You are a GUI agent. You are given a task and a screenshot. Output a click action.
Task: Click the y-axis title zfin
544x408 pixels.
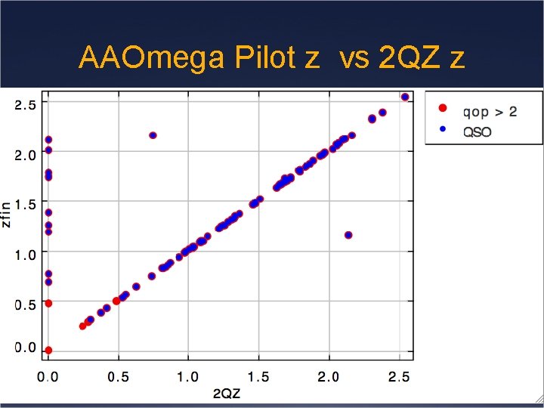click(x=7, y=214)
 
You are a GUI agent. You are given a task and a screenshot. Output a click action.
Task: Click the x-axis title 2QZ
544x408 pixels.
click(x=226, y=393)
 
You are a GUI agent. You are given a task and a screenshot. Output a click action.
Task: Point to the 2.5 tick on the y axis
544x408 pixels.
click(x=25, y=105)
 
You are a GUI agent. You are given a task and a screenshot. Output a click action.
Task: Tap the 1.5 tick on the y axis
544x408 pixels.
click(x=25, y=205)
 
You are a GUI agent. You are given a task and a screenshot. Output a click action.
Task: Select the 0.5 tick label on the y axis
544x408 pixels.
click(x=25, y=304)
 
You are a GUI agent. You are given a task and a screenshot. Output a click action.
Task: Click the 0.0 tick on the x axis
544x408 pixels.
click(x=48, y=376)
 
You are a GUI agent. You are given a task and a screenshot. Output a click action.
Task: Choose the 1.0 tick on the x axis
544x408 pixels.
click(x=188, y=376)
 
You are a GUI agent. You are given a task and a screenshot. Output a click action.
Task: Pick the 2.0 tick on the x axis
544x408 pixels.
click(x=328, y=376)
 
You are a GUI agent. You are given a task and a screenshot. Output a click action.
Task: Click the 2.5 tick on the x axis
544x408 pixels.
click(x=397, y=376)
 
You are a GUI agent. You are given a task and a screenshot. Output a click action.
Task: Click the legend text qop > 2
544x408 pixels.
click(x=490, y=112)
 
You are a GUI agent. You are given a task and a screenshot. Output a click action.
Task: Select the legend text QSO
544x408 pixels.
click(x=478, y=131)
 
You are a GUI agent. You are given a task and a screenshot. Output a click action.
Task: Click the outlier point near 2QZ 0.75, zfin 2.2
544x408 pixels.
click(x=153, y=135)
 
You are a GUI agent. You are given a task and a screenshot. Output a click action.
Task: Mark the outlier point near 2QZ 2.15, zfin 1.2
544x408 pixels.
click(x=348, y=235)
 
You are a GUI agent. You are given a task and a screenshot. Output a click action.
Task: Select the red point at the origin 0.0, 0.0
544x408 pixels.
click(x=48, y=351)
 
